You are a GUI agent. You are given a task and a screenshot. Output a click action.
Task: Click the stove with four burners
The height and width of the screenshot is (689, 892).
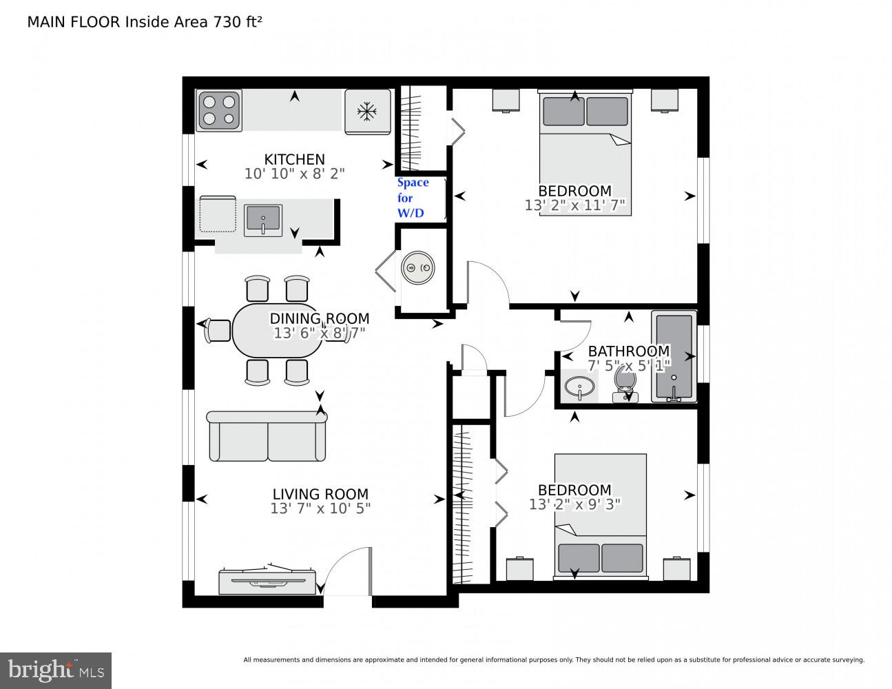pos(219,111)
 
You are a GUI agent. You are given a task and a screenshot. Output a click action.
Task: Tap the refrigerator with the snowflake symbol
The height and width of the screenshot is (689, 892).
pos(367,112)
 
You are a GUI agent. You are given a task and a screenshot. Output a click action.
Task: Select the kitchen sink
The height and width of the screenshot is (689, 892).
pos(262,220)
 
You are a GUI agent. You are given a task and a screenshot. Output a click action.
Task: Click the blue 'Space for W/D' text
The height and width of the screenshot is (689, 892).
pos(412,198)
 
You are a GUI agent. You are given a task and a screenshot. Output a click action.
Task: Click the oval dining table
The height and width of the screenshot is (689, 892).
pos(277,331)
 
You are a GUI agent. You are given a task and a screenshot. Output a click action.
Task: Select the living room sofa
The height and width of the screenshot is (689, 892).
pos(267,436)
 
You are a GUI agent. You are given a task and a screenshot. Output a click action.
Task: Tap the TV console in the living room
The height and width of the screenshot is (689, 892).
pos(267,581)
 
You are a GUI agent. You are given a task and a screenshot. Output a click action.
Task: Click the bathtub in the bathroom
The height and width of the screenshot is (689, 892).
pos(674,356)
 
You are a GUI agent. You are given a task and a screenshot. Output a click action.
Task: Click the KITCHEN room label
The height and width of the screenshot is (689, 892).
pos(294,159)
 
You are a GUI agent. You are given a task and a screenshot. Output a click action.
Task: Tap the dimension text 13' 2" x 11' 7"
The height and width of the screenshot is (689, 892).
pos(574,205)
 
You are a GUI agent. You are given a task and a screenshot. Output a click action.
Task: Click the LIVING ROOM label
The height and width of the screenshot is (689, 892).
pos(320,494)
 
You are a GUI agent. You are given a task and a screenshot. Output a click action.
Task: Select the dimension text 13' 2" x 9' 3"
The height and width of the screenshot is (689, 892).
pos(574,504)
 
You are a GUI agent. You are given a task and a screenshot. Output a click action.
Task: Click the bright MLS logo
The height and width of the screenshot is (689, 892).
pos(55,670)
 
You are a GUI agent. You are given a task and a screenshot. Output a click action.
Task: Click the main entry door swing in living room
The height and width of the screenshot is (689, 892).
pos(348,572)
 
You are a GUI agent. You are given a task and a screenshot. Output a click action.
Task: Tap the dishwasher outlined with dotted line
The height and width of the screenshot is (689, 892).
pos(217,214)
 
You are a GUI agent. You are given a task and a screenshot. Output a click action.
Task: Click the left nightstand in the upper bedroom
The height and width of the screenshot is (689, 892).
pos(506,101)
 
